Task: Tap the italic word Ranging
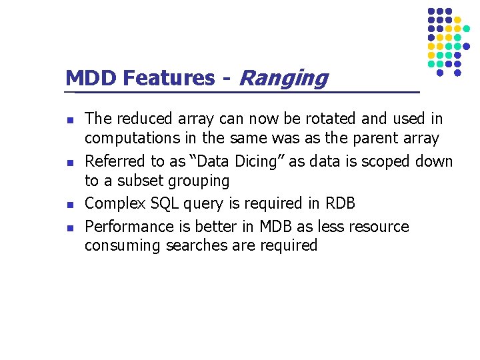(283, 79)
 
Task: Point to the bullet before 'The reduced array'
(69, 120)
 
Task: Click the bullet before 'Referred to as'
(69, 163)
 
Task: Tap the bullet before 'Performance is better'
(69, 227)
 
